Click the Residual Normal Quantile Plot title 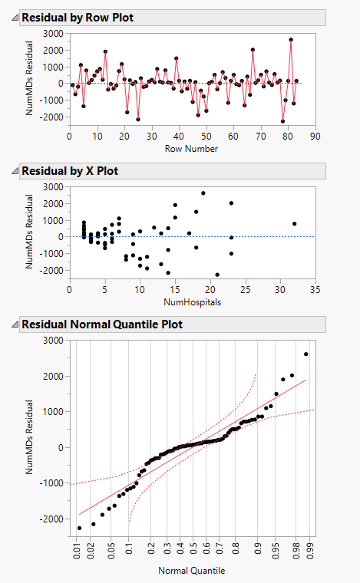pyautogui.click(x=102, y=324)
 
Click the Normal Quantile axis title pyautogui.click(x=192, y=570)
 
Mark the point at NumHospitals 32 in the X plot pyautogui.click(x=294, y=224)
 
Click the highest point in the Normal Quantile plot pyautogui.click(x=306, y=354)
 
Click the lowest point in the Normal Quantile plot pyautogui.click(x=80, y=528)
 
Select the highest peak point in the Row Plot pyautogui.click(x=291, y=40)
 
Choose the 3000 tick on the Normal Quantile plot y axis pyautogui.click(x=53, y=341)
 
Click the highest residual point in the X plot pyautogui.click(x=203, y=193)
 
